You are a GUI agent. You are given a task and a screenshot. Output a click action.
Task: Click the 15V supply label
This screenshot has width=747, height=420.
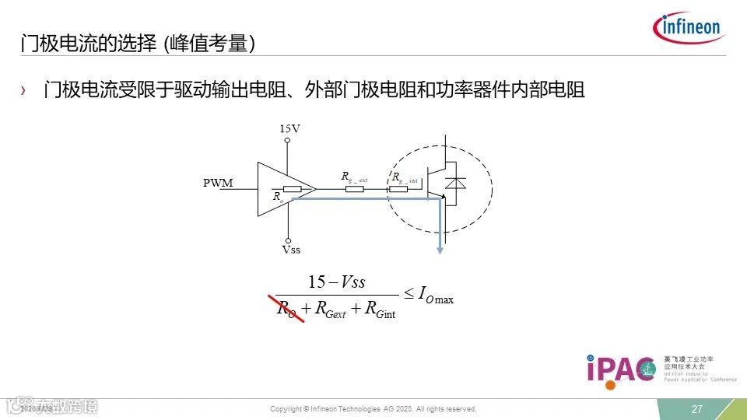[289, 128]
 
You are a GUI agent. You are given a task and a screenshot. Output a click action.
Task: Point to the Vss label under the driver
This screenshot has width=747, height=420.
[291, 250]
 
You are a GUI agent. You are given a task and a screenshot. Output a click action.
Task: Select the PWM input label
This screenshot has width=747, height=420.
[218, 184]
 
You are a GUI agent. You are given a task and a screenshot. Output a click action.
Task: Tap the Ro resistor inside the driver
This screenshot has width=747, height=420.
[293, 189]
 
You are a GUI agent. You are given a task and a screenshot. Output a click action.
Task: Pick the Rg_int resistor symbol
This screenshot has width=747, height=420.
[398, 188]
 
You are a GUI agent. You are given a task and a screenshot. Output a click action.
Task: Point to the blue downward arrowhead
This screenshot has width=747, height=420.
[440, 249]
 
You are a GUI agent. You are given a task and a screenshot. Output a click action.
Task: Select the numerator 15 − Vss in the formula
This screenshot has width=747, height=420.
[336, 282]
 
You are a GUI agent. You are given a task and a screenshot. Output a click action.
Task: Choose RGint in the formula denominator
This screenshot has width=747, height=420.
[381, 309]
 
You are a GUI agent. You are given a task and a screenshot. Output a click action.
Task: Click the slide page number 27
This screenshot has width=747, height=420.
[697, 409]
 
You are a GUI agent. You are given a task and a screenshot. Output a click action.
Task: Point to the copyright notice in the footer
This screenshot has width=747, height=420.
[373, 409]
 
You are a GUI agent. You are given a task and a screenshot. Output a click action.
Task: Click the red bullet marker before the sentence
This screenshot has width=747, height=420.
[23, 92]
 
